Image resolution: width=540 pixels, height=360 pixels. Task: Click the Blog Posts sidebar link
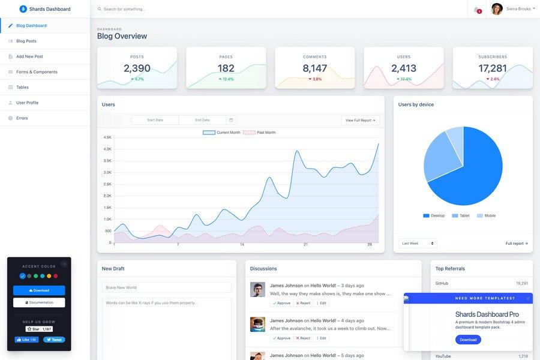(x=26, y=41)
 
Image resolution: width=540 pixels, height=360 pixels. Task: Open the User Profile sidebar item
(x=27, y=103)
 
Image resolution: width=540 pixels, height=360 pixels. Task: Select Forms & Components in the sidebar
(x=37, y=72)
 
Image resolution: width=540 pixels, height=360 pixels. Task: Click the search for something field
(x=180, y=9)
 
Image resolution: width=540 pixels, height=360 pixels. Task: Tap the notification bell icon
(x=477, y=10)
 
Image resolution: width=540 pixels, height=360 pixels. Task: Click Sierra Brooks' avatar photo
(x=497, y=9)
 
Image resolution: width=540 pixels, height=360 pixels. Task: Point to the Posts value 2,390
(x=137, y=68)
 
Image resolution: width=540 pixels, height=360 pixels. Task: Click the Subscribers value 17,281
(x=492, y=68)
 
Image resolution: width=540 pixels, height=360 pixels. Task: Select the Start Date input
(x=155, y=120)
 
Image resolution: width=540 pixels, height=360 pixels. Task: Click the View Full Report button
(x=360, y=120)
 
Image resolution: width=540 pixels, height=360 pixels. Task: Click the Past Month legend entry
(x=260, y=132)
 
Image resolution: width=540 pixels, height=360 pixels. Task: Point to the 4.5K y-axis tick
(x=107, y=137)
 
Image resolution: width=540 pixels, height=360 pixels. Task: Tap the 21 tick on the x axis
(x=306, y=245)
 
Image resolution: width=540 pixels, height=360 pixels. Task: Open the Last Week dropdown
(x=418, y=244)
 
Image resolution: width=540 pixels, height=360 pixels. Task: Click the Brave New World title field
(x=166, y=287)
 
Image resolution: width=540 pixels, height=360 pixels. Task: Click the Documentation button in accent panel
(x=39, y=302)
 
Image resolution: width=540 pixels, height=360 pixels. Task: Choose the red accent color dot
(x=56, y=276)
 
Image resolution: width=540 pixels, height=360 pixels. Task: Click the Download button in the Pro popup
(x=468, y=340)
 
